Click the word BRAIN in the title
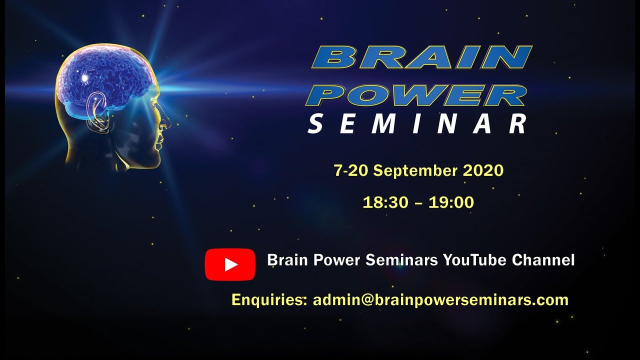click(421, 57)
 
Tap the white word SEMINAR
click(417, 124)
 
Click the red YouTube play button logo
click(230, 264)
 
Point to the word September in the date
click(415, 171)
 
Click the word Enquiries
click(269, 300)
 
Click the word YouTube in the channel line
click(474, 260)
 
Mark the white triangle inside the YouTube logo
click(231, 264)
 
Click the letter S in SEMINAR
click(315, 124)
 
